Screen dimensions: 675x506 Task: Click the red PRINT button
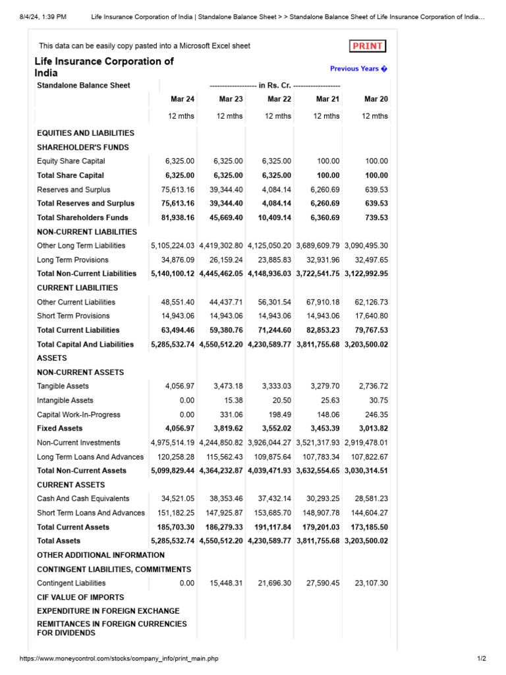(x=367, y=46)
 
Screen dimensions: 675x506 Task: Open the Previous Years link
(x=358, y=69)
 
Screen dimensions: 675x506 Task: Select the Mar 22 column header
(x=279, y=99)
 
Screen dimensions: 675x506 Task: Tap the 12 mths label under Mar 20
(x=375, y=116)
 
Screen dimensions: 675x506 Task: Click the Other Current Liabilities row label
(x=76, y=302)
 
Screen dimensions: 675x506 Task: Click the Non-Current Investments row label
(x=78, y=443)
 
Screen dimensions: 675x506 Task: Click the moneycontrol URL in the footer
(x=119, y=659)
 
